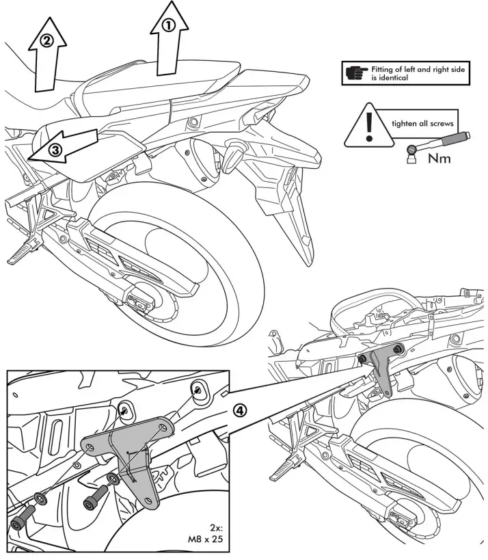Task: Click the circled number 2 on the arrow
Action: (x=46, y=40)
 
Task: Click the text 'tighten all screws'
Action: (x=417, y=124)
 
